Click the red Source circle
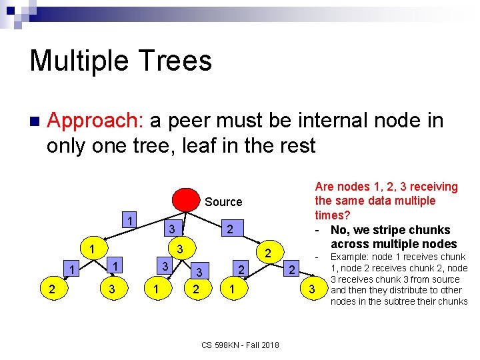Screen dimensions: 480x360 pyautogui.click(x=186, y=201)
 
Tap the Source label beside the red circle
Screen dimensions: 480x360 pyautogui.click(x=223, y=201)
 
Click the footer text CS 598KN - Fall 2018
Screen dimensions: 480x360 pyautogui.click(x=240, y=344)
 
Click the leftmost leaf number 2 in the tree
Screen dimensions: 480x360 pyautogui.click(x=51, y=289)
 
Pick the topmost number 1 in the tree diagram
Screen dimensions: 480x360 pyautogui.click(x=131, y=221)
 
